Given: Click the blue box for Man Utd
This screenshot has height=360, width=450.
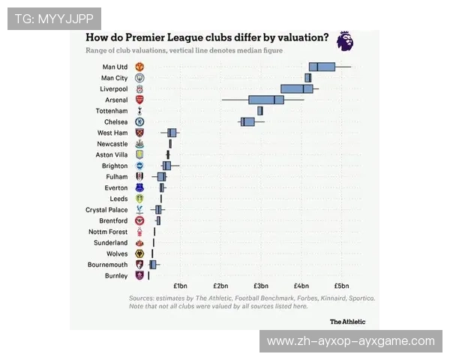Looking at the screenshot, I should tap(322, 67).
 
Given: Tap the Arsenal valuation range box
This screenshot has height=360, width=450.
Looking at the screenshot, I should tap(266, 100).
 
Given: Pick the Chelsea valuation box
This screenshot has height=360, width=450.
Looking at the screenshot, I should tap(247, 121).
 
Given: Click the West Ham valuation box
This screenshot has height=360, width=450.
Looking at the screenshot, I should tap(172, 133).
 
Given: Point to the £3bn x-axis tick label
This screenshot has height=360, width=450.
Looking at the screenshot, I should tap(261, 286).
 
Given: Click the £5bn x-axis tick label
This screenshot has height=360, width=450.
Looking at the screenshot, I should tap(341, 286).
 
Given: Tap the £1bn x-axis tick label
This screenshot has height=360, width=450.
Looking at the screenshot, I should tap(180, 286).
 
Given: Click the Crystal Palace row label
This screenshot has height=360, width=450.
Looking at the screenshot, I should tap(106, 210).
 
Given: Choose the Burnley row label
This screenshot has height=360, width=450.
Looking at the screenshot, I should tap(116, 276).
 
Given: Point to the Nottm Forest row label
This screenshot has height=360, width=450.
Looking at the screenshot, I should tap(108, 232).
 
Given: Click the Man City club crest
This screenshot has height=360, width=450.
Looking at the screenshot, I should tap(139, 78).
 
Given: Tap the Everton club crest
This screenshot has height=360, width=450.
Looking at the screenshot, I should tap(139, 187).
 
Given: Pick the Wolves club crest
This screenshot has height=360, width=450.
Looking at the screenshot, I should tap(139, 254).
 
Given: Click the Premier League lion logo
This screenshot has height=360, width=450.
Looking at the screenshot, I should tap(344, 40).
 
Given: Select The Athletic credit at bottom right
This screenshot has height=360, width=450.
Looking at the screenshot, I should tap(348, 321).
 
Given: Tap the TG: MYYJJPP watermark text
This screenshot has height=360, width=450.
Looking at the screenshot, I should tap(53, 18).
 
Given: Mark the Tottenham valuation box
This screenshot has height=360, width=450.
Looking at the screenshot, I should tap(260, 111).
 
